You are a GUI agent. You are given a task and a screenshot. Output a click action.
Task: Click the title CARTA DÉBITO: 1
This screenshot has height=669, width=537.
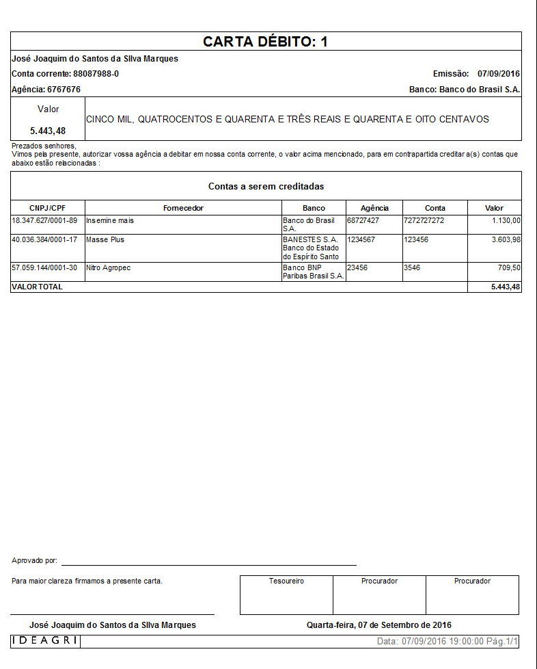click(266, 42)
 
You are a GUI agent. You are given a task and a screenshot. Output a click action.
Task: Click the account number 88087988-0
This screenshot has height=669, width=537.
click(96, 74)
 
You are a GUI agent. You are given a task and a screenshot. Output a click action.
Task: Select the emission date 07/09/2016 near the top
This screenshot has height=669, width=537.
click(499, 74)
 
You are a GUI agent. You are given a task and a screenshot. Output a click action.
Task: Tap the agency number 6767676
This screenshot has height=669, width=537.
click(64, 90)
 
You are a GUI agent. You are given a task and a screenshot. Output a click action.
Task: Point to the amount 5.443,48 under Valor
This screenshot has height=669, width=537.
click(48, 131)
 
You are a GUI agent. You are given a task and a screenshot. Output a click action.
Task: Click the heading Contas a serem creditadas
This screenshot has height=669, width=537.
click(266, 186)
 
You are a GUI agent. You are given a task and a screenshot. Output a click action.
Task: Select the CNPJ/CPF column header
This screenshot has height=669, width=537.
click(48, 208)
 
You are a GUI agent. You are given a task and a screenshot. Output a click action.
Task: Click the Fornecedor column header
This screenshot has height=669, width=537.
click(183, 208)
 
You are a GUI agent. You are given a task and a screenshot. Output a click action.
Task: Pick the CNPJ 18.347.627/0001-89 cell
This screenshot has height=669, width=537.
click(44, 221)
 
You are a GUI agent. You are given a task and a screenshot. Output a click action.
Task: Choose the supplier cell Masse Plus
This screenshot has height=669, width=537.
click(105, 240)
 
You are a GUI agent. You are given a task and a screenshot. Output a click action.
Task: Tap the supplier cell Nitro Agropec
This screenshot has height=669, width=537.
click(108, 268)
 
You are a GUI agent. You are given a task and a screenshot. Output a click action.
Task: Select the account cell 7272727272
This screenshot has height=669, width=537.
click(424, 221)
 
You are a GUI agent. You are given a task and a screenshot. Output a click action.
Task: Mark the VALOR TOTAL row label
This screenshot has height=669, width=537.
click(37, 287)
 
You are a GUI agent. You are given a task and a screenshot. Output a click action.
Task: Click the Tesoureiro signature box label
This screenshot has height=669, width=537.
click(286, 581)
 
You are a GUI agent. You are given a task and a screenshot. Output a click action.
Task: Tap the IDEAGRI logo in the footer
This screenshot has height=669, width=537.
click(45, 641)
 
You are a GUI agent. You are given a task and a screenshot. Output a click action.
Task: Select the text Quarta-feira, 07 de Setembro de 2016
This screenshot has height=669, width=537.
click(379, 625)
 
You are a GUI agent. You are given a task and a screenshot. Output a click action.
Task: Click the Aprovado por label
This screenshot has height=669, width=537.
click(34, 561)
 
